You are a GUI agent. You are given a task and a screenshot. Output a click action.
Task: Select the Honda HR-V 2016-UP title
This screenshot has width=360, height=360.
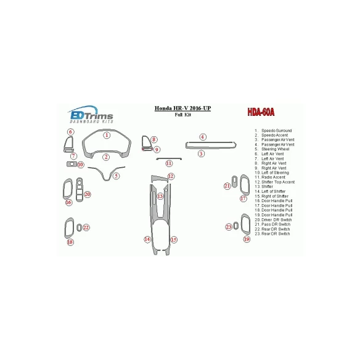point(182,108)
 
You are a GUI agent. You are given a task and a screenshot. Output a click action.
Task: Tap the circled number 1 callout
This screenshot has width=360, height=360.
point(106,135)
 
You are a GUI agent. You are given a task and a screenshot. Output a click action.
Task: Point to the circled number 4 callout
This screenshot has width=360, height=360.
point(202,136)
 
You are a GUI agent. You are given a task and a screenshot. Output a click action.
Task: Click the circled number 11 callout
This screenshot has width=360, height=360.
point(169,163)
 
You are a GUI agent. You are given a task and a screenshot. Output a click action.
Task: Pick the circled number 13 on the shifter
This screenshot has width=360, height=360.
point(160,196)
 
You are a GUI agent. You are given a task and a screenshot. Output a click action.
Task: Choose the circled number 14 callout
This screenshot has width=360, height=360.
point(147,239)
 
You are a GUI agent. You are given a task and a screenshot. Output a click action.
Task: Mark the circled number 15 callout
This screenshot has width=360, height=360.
point(174,240)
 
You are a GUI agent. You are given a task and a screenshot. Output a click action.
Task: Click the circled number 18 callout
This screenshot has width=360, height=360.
point(70,242)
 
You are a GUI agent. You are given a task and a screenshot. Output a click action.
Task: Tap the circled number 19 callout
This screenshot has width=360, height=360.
point(246,239)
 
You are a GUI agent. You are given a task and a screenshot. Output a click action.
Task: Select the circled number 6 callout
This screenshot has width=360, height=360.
point(70,132)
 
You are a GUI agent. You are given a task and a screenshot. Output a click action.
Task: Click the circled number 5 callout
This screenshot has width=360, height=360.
point(116,176)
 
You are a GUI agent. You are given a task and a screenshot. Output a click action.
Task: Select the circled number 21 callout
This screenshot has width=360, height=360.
point(227,186)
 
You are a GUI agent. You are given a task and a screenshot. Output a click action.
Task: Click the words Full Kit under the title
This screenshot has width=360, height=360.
point(182,115)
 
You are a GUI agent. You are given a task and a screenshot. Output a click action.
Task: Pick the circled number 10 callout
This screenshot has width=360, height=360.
point(81,165)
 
